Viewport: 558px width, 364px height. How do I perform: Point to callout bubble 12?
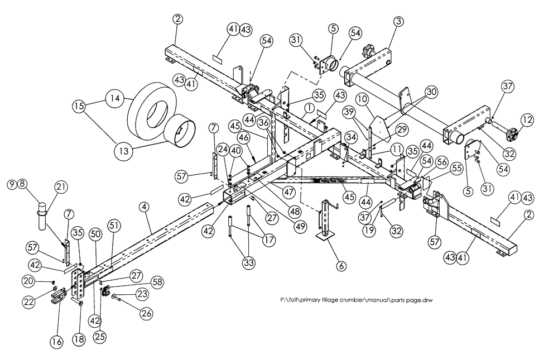point(527,119)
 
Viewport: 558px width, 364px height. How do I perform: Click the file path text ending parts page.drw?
point(357,300)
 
